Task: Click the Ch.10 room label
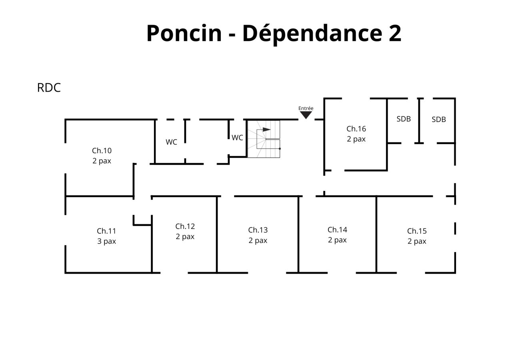[102, 151]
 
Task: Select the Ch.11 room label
[106, 231]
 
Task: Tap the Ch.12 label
[185, 226]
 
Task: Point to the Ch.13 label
[258, 230]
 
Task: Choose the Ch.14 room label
[337, 230]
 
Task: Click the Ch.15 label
[417, 231]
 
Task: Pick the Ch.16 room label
[356, 129]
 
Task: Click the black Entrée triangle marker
[306, 115]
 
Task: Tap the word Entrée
[306, 108]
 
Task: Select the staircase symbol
[264, 139]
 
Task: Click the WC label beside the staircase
[237, 138]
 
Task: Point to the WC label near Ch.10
[171, 142]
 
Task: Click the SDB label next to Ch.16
[404, 119]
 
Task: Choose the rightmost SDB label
[438, 119]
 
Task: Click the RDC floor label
[49, 88]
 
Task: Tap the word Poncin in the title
[184, 33]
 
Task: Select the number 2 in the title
[394, 33]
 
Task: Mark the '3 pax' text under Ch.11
[106, 241]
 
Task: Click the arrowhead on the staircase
[266, 130]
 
